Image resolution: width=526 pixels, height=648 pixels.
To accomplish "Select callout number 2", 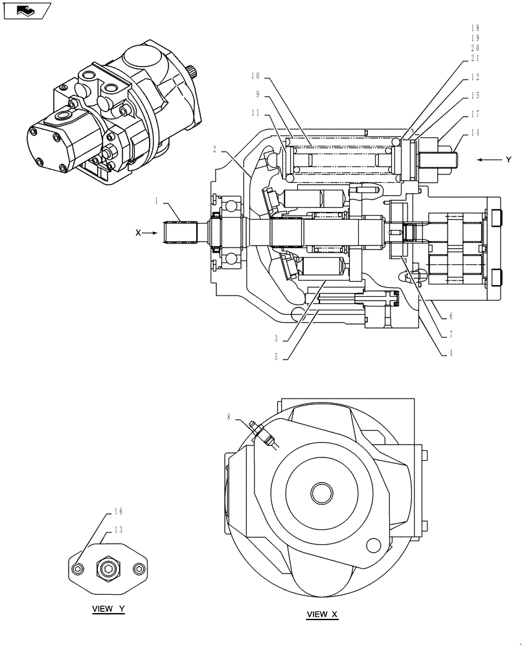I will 213,149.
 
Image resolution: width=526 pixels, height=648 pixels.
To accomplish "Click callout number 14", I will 476,132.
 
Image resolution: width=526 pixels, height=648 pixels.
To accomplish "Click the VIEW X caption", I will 322,614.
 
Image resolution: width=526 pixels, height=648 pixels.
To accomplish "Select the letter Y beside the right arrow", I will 509,159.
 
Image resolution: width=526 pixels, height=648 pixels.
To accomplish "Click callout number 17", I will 476,114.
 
